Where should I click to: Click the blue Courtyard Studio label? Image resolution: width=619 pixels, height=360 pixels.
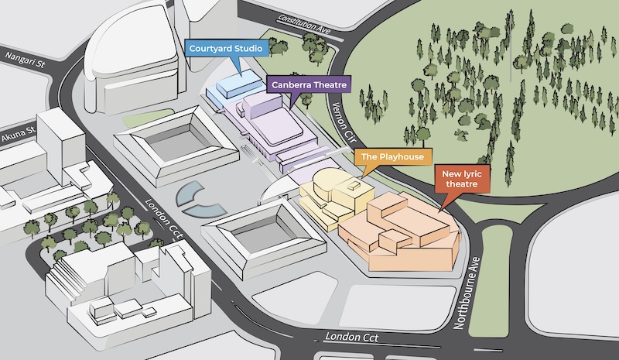(x=226, y=49)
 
